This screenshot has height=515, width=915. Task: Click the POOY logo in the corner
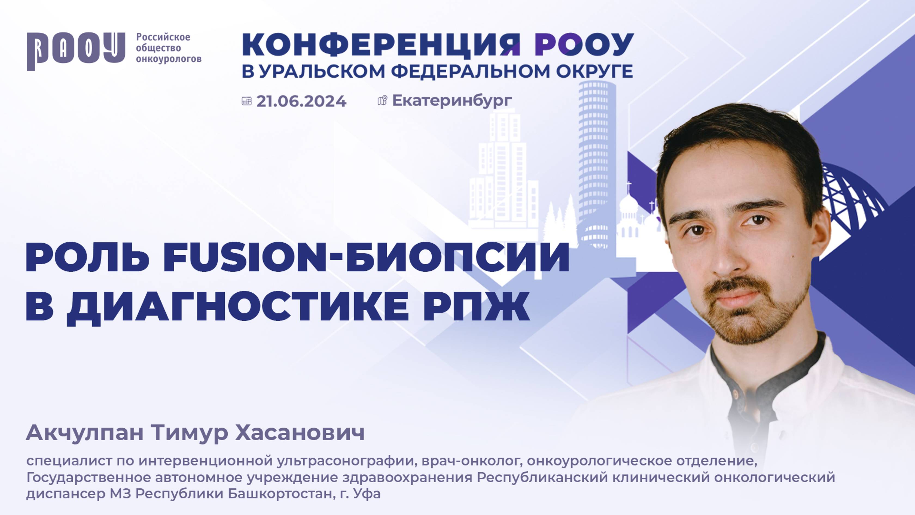click(76, 51)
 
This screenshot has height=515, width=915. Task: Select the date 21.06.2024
click(301, 101)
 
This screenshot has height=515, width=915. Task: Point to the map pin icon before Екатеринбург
click(382, 101)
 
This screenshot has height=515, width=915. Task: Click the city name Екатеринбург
click(452, 101)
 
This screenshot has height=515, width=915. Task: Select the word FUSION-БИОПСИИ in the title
click(366, 258)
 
